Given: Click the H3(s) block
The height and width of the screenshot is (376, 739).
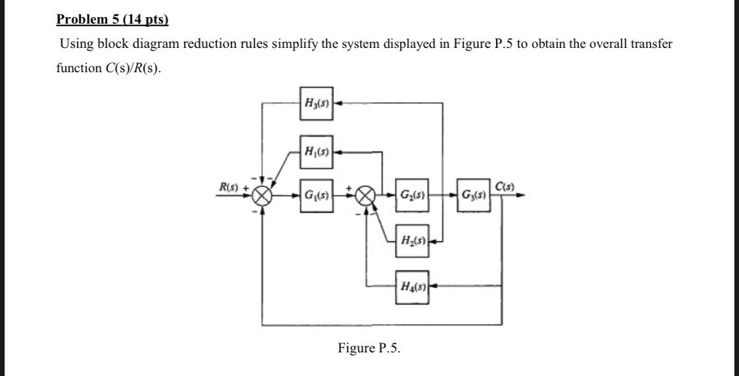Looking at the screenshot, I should [x=317, y=103].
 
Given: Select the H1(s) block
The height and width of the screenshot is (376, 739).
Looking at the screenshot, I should [x=317, y=152].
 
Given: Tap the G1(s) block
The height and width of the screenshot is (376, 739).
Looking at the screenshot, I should [x=317, y=195].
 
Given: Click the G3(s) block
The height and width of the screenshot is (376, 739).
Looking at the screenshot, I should [x=473, y=195].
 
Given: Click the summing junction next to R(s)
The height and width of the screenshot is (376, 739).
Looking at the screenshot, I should [x=263, y=196].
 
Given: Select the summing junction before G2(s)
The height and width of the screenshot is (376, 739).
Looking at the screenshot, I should [x=366, y=196].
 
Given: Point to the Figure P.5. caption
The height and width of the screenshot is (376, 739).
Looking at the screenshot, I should [x=369, y=348].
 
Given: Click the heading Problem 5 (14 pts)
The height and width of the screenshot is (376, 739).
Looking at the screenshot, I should [x=112, y=19].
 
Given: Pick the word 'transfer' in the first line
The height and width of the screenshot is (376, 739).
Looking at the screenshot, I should [x=651, y=45].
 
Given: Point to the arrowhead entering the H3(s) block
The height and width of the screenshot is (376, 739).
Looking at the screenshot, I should [x=338, y=103].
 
